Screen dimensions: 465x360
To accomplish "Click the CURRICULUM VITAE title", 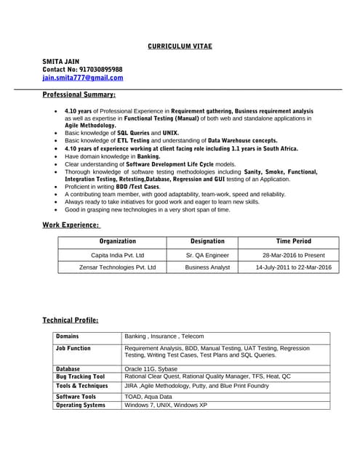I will pos(180,46).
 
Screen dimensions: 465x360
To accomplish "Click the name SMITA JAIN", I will pos(61,61).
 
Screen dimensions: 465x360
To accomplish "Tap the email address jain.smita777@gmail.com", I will pos(83,78).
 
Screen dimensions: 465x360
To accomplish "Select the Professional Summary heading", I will pos(79,95).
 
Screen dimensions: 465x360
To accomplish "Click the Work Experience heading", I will pos(71,225).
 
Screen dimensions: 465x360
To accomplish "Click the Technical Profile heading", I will pos(71,320).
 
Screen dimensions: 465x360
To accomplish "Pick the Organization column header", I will pos(118,241).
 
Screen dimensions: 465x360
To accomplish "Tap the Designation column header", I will pos(207,241).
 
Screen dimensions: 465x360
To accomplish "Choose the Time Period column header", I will pos(294,241).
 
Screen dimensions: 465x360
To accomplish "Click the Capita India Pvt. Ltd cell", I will pos(118,255).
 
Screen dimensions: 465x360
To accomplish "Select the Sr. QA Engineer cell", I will pos(207,255).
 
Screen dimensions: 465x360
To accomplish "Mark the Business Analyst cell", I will pos(207,267).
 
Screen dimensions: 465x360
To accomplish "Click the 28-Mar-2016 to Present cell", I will pos(294,255).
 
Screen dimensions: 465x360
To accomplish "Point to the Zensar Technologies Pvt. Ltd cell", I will pos(118,267).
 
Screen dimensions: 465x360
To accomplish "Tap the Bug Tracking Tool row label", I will pos(81,376).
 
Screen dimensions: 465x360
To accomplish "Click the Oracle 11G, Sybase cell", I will pos(153,368).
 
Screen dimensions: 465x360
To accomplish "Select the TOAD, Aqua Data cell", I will pos(148,397).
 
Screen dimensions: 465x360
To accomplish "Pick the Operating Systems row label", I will pos(81,405).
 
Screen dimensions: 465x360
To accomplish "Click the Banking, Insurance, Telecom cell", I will pos(164,336).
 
